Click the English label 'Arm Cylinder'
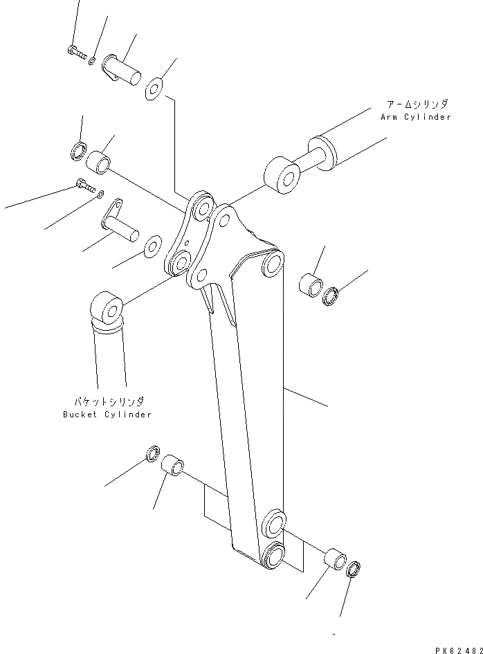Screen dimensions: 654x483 [x=415, y=117]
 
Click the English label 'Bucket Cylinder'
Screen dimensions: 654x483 [x=107, y=415]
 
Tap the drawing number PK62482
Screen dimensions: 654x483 [x=458, y=650]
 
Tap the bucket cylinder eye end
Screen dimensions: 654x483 [x=107, y=309]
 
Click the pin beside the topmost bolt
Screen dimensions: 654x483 [x=120, y=69]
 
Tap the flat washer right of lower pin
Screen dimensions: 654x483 [x=152, y=246]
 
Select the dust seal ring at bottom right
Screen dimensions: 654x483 [x=353, y=571]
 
